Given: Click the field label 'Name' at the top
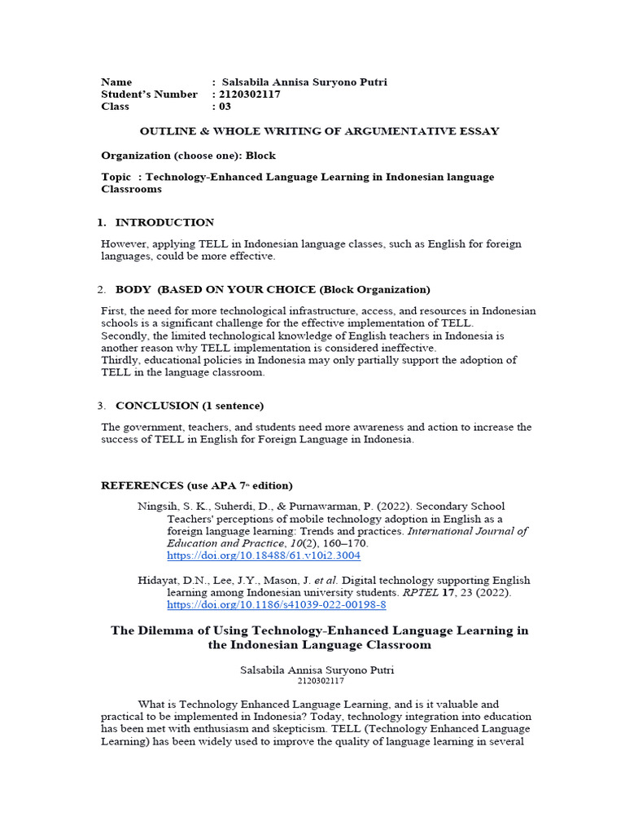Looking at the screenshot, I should click(x=116, y=82).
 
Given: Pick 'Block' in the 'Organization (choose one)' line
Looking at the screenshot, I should click(x=260, y=155).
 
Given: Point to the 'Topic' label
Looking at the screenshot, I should click(x=116, y=178).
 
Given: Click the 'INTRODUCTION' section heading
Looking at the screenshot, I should click(x=164, y=222).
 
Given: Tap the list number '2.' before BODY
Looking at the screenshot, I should click(x=102, y=290).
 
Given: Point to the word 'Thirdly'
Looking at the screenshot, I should click(x=121, y=360).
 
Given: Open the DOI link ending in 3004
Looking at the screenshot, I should click(x=263, y=555).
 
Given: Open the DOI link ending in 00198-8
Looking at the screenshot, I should click(x=276, y=605).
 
